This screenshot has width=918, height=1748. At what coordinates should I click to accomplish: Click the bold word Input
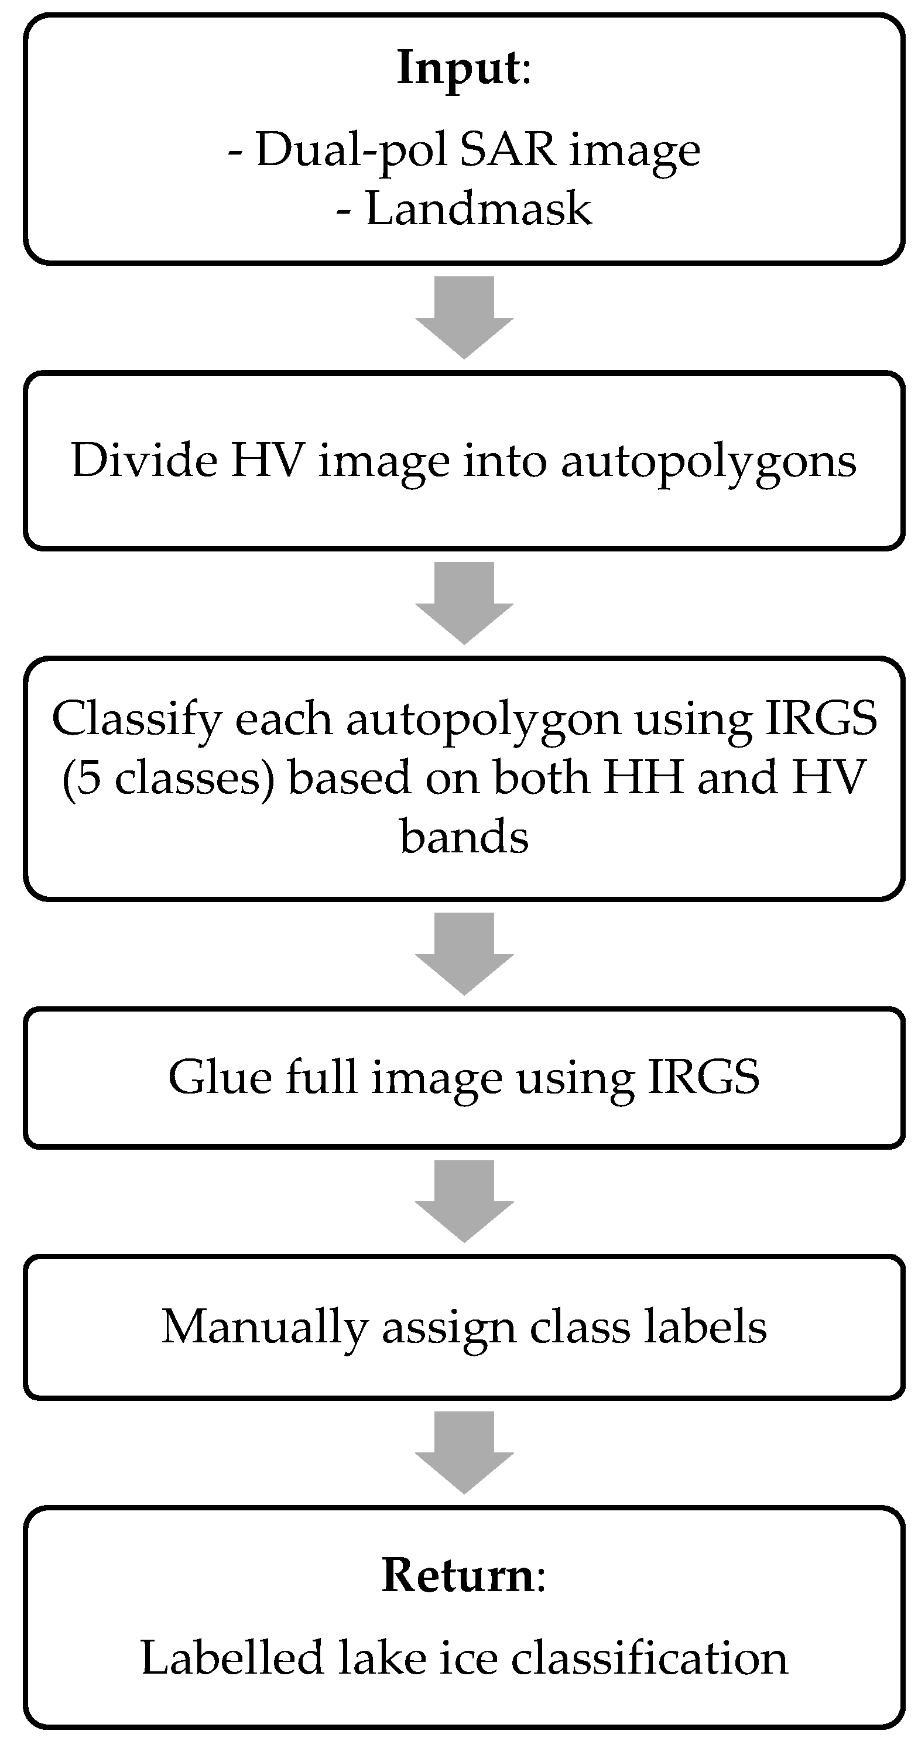click(458, 68)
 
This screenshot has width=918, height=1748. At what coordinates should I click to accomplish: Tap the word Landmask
click(478, 208)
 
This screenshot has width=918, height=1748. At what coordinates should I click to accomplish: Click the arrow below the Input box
click(464, 316)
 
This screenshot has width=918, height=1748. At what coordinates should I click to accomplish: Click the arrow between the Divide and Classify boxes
click(464, 602)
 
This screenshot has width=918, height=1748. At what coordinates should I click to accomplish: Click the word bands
click(464, 836)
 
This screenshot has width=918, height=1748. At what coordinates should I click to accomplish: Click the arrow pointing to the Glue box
click(464, 952)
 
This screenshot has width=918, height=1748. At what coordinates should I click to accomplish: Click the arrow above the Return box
click(464, 1451)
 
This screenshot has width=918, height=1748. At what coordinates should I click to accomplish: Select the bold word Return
click(458, 1575)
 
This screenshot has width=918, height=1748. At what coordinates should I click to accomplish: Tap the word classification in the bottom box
click(649, 1658)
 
